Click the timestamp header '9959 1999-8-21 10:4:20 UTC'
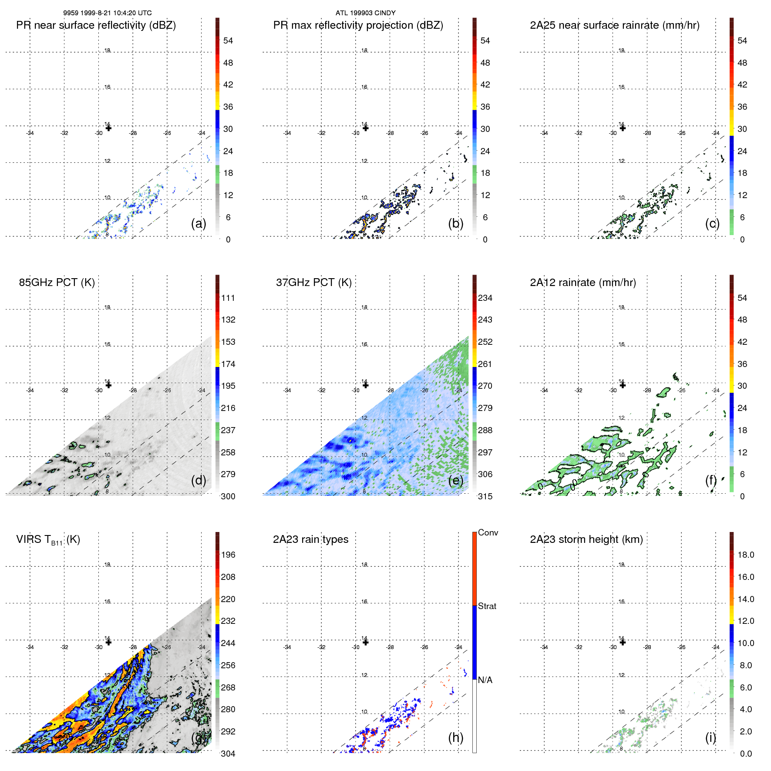point(107,13)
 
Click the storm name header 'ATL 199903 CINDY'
point(365,13)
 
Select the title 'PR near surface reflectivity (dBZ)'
point(96,25)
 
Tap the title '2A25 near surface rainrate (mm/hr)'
point(614,25)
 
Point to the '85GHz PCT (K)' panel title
point(57,283)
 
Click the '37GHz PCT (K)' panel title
point(313,283)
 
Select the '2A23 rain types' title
point(310,539)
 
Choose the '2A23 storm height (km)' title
point(586,539)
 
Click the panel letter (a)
point(199,223)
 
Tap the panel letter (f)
point(711,480)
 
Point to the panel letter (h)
point(455,737)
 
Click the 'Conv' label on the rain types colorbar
point(488,532)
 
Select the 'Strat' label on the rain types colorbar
point(487,606)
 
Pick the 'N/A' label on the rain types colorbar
point(485,680)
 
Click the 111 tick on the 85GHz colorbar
point(228,298)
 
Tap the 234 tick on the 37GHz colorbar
point(485,298)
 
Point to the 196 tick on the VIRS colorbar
point(228,555)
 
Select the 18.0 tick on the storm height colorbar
point(746,555)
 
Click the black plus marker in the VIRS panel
point(109,642)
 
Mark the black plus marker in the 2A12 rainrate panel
point(623,385)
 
